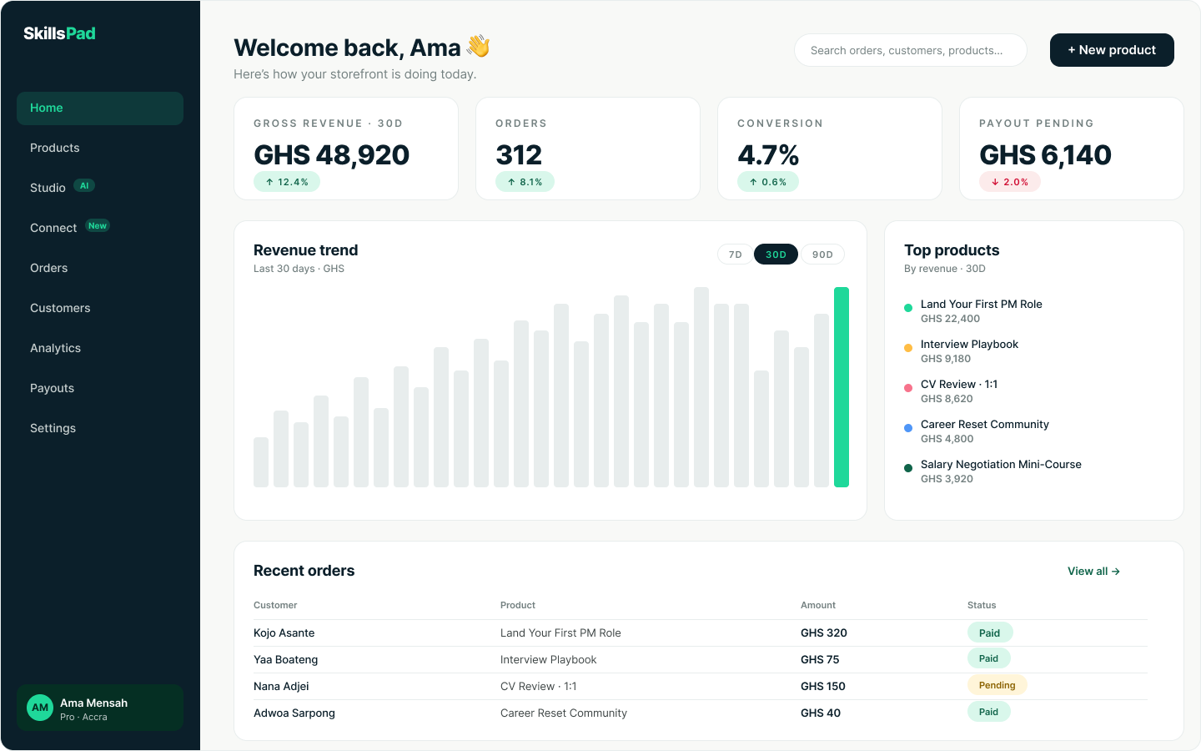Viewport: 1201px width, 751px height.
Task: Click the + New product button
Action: (1112, 50)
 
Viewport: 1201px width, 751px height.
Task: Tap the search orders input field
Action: (911, 50)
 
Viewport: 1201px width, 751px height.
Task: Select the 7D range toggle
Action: (735, 255)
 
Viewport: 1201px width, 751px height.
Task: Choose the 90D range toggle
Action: (822, 255)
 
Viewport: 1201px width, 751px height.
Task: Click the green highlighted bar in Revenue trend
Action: (842, 387)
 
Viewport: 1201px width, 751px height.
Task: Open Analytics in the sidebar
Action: (55, 348)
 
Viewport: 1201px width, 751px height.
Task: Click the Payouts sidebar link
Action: (52, 388)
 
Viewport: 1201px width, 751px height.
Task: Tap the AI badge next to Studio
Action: (84, 185)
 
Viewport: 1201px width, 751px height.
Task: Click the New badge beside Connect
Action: (97, 226)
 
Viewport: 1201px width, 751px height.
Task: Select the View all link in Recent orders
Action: (1093, 572)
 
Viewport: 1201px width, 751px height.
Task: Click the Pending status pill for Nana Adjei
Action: (997, 685)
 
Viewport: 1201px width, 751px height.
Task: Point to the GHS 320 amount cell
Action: (823, 633)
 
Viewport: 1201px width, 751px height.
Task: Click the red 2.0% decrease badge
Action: (1009, 182)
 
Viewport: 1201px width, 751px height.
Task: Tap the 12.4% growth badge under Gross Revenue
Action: (287, 182)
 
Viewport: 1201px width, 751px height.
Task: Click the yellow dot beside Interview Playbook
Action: (907, 348)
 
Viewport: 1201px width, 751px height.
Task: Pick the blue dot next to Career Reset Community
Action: (907, 428)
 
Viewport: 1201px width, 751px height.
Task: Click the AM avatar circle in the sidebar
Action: (40, 708)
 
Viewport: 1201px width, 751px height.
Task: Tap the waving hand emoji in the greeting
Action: (478, 46)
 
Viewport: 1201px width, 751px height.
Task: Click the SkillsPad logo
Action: (59, 33)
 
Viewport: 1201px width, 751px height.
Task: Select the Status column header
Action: (981, 605)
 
